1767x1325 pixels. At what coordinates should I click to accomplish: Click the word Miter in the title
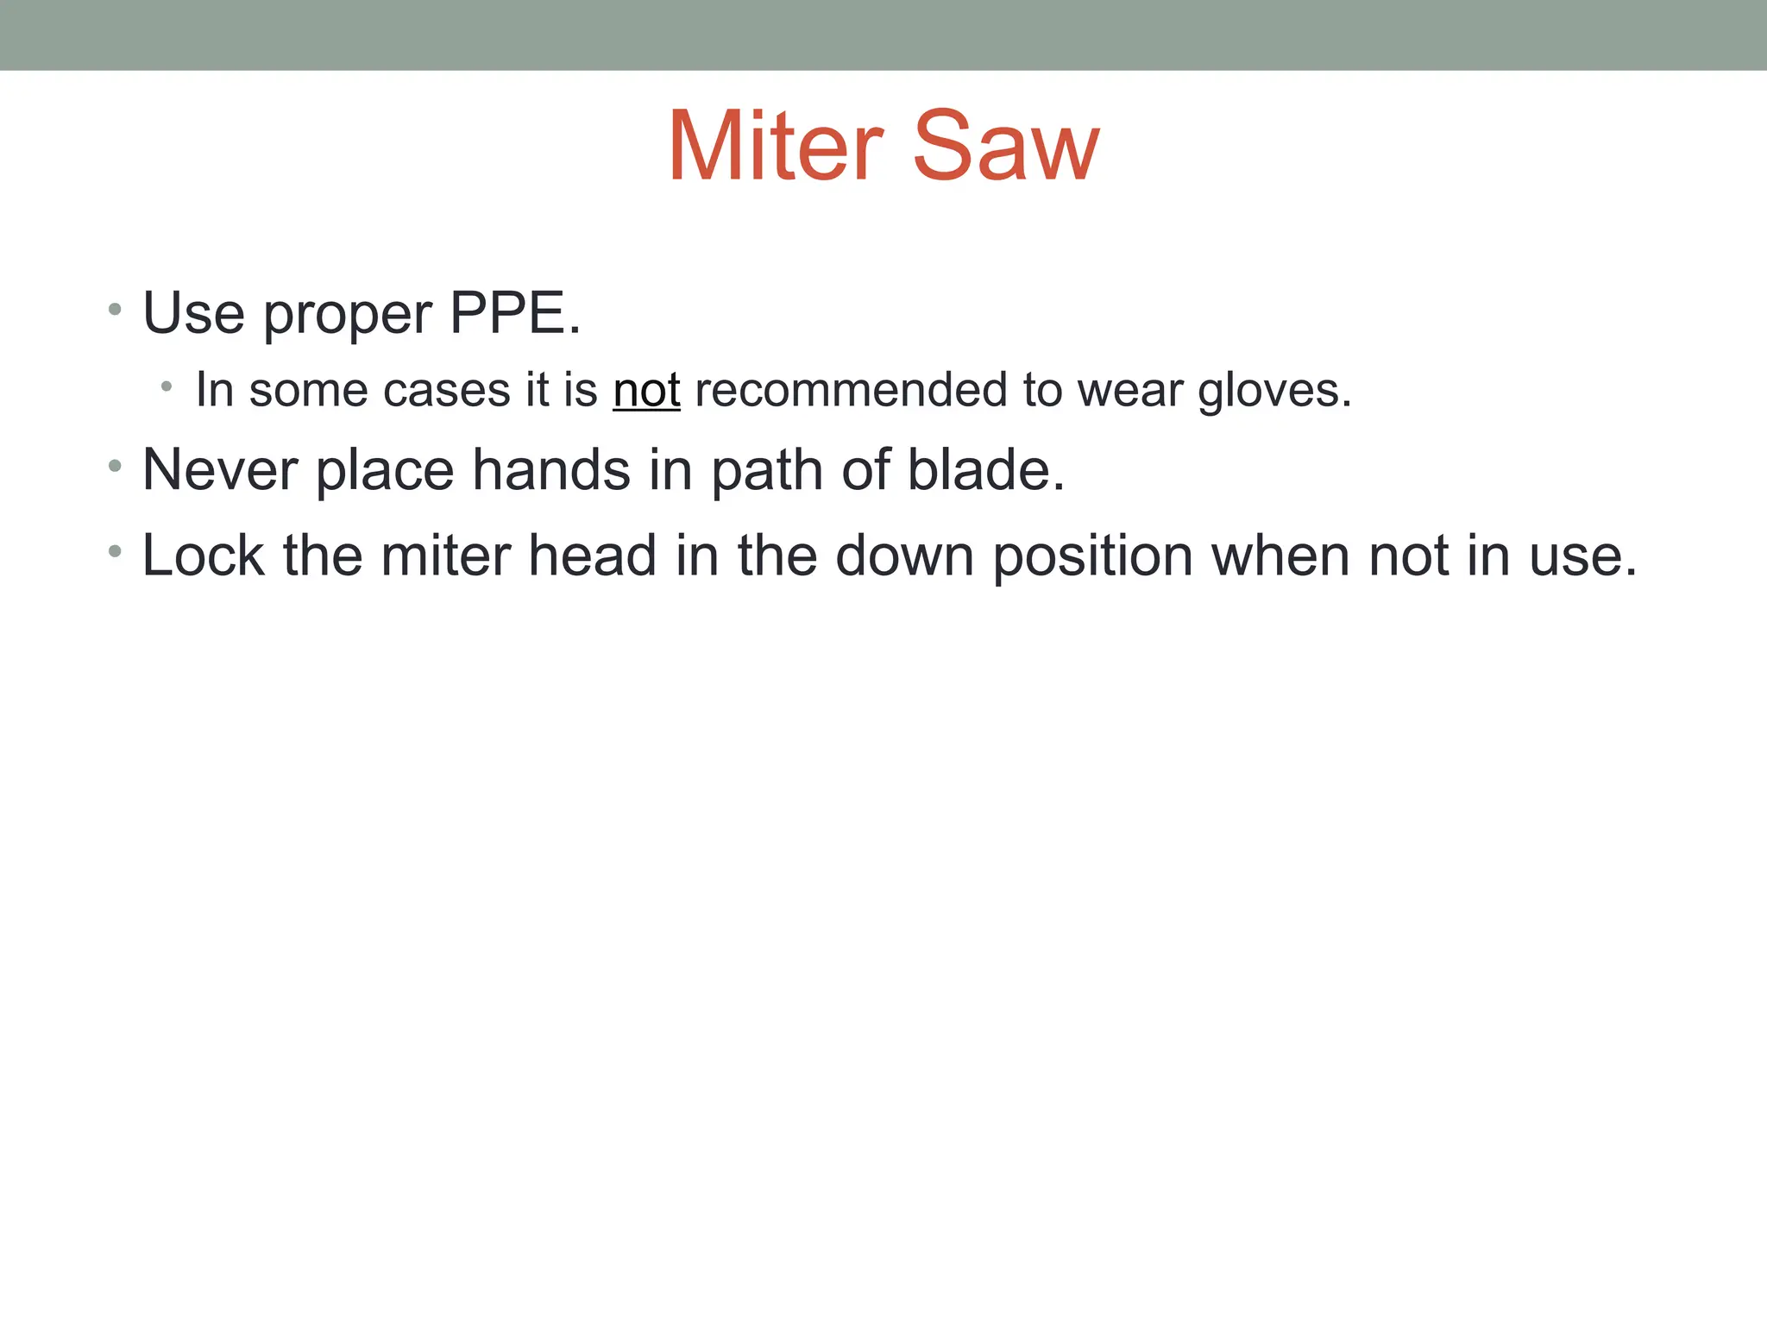[x=775, y=147]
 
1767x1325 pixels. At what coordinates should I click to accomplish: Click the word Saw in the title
[x=1005, y=147]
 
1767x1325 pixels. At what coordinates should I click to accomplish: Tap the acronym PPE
[x=514, y=312]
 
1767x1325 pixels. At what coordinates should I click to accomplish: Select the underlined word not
[x=646, y=390]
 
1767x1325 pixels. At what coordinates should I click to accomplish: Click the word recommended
[x=851, y=390]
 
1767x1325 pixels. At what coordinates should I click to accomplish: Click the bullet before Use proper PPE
[x=115, y=309]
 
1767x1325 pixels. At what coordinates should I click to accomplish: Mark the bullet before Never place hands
[x=115, y=467]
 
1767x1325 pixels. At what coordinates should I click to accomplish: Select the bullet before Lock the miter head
[x=115, y=551]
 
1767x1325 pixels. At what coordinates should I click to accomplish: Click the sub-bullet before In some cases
[x=167, y=387]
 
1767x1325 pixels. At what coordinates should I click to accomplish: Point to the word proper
[x=347, y=314]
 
